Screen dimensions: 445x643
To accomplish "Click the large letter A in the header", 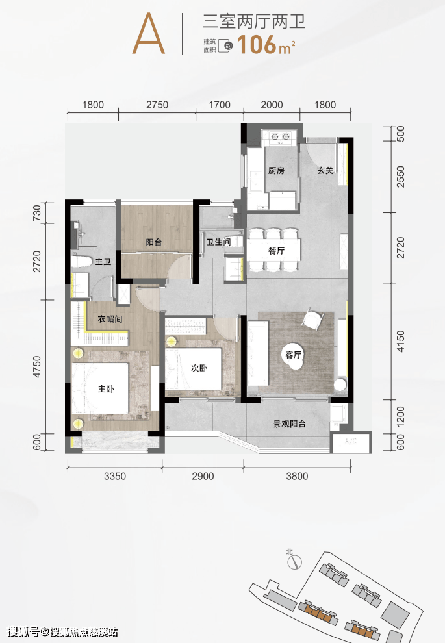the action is tap(149, 34).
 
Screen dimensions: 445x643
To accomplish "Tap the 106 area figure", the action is tap(257, 44).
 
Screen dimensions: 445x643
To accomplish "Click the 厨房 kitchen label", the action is tap(276, 170).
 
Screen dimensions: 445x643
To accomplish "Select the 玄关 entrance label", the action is tap(325, 170).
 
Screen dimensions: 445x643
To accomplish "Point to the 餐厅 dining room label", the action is tap(277, 251).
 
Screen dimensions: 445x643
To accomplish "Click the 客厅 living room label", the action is tap(293, 355).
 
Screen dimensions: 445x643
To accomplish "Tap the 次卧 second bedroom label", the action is tap(199, 368).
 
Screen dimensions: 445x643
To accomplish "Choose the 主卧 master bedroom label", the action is tap(106, 388).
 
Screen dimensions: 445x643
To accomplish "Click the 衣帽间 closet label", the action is tap(110, 319).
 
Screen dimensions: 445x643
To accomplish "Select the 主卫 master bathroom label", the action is tap(103, 261).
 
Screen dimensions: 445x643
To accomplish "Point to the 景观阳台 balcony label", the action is tap(290, 424).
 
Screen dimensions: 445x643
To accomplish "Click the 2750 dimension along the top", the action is tap(157, 105).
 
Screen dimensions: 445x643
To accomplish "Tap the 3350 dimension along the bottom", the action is tap(115, 476).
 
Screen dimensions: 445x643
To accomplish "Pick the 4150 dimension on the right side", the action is tap(401, 341).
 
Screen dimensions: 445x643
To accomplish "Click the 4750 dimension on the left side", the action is tap(37, 366).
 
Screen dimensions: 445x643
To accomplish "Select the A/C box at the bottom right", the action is tap(351, 442).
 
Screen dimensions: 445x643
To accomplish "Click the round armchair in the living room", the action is tap(313, 320).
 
